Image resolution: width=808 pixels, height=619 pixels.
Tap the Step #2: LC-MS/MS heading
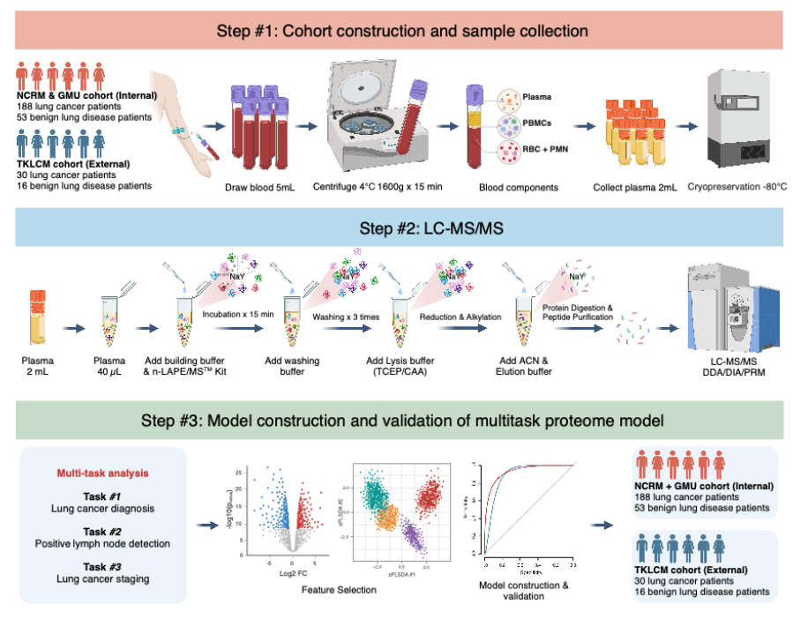(x=403, y=231)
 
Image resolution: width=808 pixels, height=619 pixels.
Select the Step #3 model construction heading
(x=403, y=420)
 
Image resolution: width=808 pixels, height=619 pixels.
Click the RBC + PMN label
(x=545, y=151)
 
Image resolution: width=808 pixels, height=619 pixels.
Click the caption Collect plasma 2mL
(x=636, y=186)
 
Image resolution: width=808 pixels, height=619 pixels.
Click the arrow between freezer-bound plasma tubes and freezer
(x=679, y=125)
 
